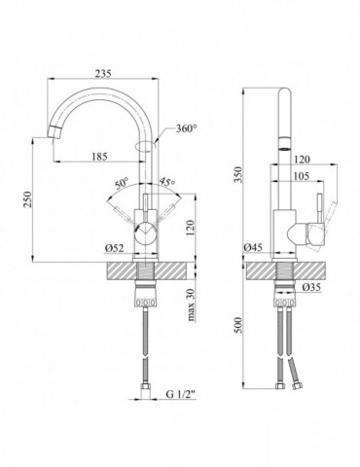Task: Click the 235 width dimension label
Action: [103, 74]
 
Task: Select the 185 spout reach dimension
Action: [99, 157]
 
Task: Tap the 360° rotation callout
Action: [186, 128]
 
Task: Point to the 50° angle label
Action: [122, 184]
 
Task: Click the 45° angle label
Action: [167, 182]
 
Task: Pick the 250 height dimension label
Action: [27, 199]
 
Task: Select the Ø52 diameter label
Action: [114, 248]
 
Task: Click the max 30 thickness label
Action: [193, 305]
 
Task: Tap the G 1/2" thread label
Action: [181, 395]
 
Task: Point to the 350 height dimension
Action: [238, 174]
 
